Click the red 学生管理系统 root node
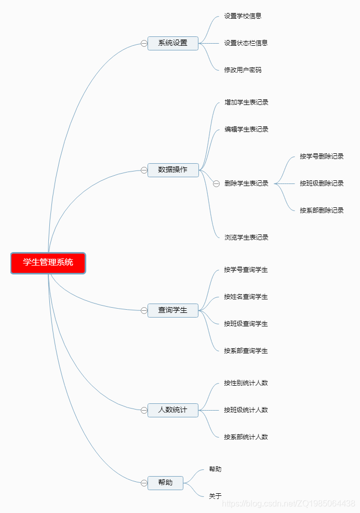click(48, 262)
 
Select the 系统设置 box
click(173, 43)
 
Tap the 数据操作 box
click(173, 170)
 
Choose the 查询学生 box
click(173, 310)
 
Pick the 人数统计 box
click(173, 410)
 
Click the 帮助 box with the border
click(166, 483)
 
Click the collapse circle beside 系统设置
click(144, 44)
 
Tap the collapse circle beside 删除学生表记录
click(217, 183)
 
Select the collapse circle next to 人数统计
click(144, 410)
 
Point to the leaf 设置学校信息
click(243, 16)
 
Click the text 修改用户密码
click(243, 70)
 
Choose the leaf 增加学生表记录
click(246, 102)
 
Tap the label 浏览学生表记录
click(246, 238)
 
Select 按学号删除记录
click(322, 156)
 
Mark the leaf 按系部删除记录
click(322, 211)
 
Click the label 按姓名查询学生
click(246, 297)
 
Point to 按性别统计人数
click(246, 383)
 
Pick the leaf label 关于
click(215, 496)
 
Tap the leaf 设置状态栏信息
click(246, 43)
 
